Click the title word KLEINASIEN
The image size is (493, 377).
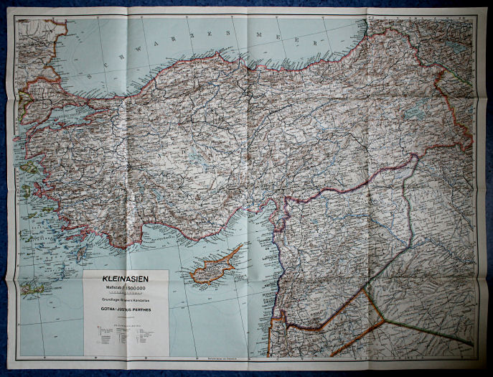coord(126,277)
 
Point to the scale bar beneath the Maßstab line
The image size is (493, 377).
coord(126,293)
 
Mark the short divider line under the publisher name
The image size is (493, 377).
coord(126,318)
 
